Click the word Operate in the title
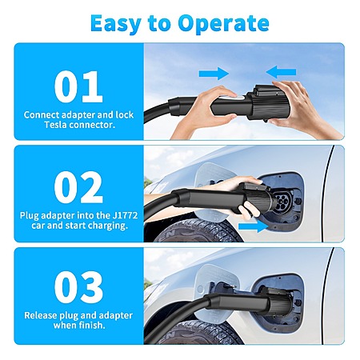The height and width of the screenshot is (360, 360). point(223,24)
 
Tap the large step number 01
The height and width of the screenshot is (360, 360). point(78,86)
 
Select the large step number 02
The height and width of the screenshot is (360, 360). point(78,187)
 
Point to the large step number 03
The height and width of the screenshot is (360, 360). point(78,287)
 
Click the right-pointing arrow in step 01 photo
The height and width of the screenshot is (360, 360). point(214,74)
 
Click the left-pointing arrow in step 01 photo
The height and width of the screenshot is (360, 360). point(281,72)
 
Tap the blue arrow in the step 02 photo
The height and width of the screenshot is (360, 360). point(254,226)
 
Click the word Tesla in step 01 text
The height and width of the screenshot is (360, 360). point(55,125)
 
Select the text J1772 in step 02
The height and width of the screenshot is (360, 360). point(127,215)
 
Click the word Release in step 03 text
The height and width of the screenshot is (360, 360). point(41,315)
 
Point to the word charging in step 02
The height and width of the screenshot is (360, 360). point(108,226)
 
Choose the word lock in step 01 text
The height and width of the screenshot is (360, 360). point(124,114)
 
